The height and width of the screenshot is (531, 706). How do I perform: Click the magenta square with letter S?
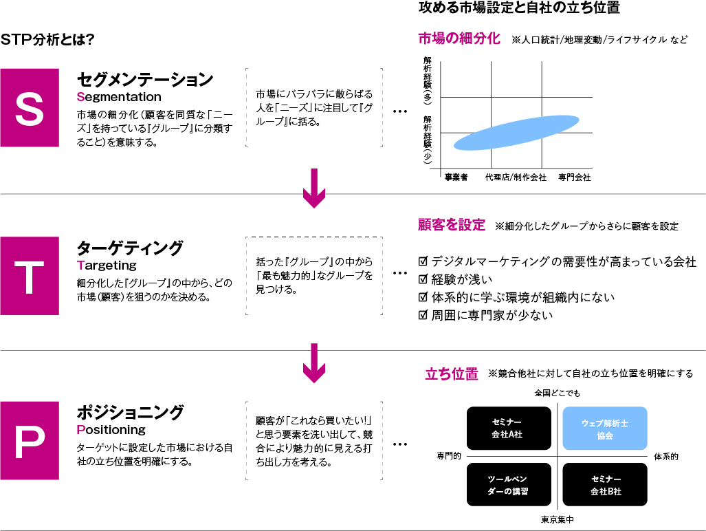point(30,107)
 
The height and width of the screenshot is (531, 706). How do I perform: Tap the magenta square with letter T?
point(30,276)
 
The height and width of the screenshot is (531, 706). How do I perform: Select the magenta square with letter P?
point(30,440)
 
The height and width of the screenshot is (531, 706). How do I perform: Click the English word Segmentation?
point(119,97)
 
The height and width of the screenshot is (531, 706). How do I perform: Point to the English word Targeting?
point(107,265)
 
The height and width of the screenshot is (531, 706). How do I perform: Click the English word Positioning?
point(111,430)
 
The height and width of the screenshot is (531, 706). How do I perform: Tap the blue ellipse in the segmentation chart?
point(516,133)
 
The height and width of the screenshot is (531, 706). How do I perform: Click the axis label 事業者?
point(456,177)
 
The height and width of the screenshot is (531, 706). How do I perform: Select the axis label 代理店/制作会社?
point(516,177)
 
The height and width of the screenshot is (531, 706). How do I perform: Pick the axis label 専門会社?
point(575,177)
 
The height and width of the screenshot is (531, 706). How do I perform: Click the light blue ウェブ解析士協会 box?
point(605,429)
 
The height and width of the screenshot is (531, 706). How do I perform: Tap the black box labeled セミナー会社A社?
point(509,429)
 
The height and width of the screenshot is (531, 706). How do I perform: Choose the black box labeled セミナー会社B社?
point(605,485)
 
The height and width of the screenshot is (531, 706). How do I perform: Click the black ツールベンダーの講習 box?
point(509,485)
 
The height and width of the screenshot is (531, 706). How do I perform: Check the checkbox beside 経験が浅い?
point(423,279)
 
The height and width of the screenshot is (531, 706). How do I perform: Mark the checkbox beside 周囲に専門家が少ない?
point(423,315)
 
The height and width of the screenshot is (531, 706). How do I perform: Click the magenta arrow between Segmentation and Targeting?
point(314,188)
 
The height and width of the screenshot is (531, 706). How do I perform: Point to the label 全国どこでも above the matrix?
point(558,393)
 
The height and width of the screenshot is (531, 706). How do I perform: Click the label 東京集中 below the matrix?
point(558,520)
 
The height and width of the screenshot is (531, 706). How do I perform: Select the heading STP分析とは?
point(47,40)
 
